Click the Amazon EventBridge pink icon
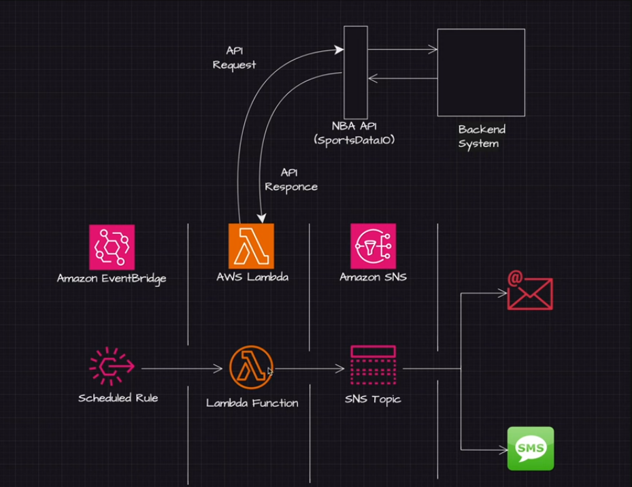click(x=112, y=247)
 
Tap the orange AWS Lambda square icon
click(x=251, y=246)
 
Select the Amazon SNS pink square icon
click(x=373, y=246)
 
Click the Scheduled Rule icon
click(x=112, y=367)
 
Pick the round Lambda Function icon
click(x=251, y=367)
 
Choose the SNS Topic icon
click(x=373, y=365)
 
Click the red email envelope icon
click(x=530, y=290)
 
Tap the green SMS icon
click(x=531, y=448)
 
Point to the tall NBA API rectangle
click(x=356, y=73)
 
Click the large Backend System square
click(x=481, y=73)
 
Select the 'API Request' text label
click(x=234, y=58)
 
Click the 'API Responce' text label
click(x=291, y=180)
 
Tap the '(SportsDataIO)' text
click(x=354, y=140)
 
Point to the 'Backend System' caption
click(x=482, y=137)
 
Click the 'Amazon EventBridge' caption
click(x=112, y=279)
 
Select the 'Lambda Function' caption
click(x=252, y=403)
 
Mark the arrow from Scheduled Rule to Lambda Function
click(x=182, y=369)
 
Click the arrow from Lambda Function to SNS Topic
click(x=309, y=369)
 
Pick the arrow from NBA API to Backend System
click(x=403, y=50)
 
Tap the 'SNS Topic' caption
click(x=373, y=399)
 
